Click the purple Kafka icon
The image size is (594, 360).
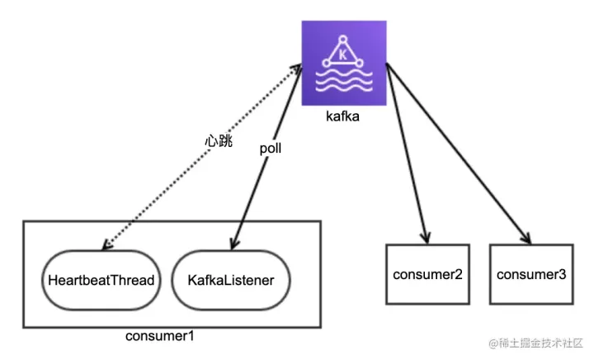[x=344, y=63]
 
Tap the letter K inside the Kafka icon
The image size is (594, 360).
[x=343, y=55]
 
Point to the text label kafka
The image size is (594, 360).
[x=342, y=116]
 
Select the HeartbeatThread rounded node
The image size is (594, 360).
[x=101, y=280]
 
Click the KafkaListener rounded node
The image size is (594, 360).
[x=231, y=280]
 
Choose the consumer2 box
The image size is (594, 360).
[x=427, y=274]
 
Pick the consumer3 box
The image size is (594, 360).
[x=531, y=274]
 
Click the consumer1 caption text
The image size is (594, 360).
[x=159, y=336]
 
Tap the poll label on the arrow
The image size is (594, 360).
[x=270, y=149]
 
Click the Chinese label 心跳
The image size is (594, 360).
[x=219, y=141]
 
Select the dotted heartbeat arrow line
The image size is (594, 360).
[x=202, y=157]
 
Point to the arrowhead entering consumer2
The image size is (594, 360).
[x=426, y=237]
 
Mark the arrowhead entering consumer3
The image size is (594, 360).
[x=526, y=238]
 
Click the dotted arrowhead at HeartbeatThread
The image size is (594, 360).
[x=107, y=244]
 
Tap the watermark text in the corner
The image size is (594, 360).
[x=535, y=343]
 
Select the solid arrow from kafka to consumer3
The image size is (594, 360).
[x=459, y=154]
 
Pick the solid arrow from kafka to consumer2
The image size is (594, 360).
[x=408, y=154]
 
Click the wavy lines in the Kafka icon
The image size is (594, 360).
[x=344, y=81]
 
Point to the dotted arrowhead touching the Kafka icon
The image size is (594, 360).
[x=296, y=69]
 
